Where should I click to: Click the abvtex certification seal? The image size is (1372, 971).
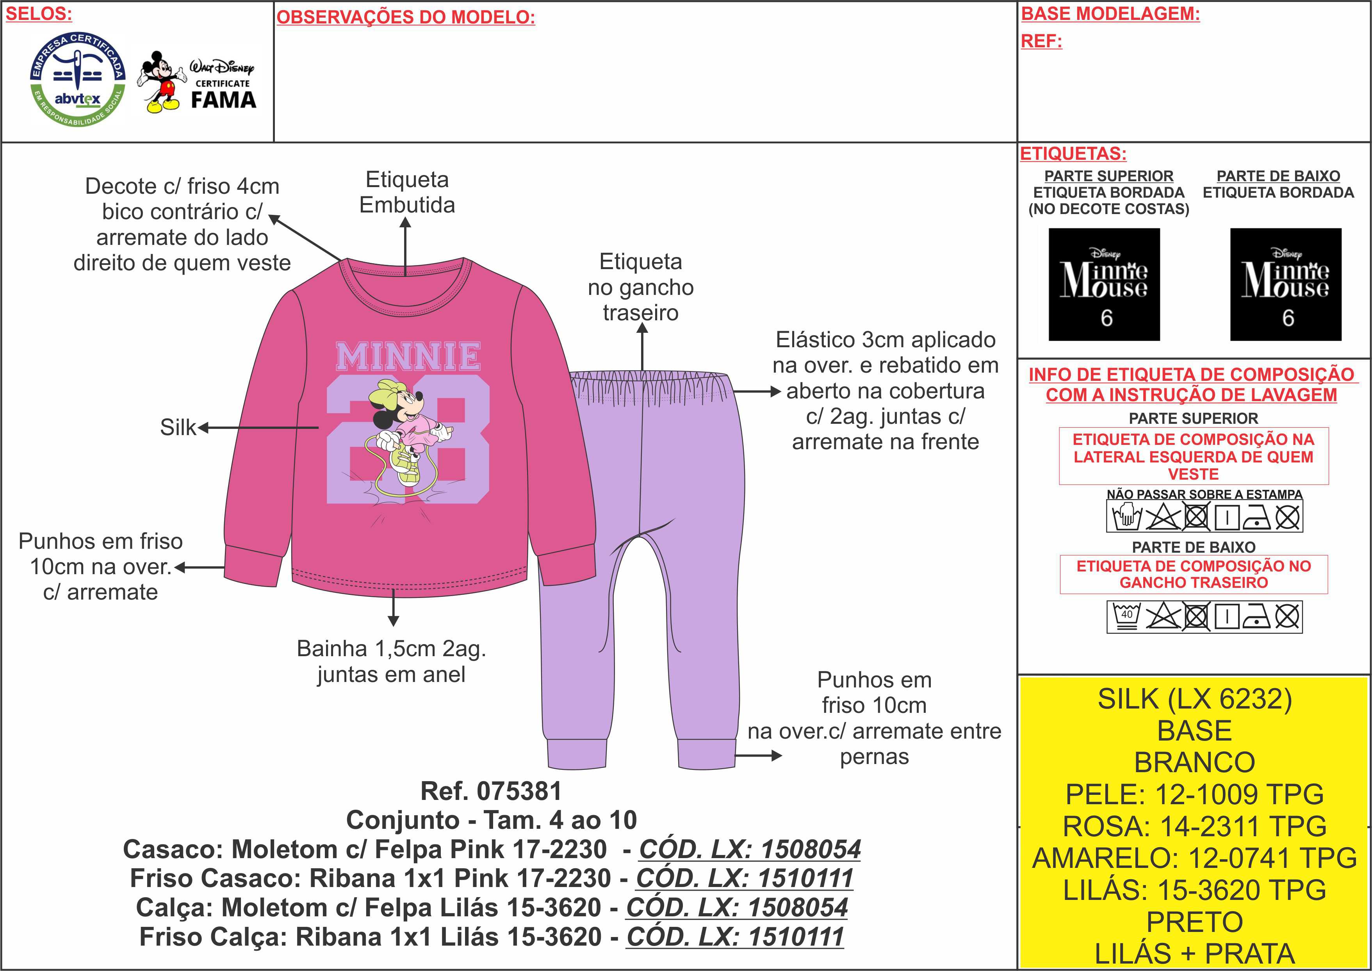click(78, 79)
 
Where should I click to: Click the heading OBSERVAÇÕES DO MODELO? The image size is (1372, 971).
click(406, 17)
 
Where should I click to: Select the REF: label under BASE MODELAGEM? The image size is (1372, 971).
click(1041, 41)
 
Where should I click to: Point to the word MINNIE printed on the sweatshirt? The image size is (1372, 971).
click(408, 357)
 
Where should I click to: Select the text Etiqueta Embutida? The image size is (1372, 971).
click(407, 192)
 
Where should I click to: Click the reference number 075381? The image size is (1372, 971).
click(519, 791)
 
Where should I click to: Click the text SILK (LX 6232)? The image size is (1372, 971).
click(1194, 699)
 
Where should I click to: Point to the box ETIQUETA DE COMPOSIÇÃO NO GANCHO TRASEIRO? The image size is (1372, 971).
click(1193, 575)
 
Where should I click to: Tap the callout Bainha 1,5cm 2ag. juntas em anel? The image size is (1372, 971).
click(391, 661)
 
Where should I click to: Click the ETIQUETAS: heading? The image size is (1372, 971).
click(1073, 154)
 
